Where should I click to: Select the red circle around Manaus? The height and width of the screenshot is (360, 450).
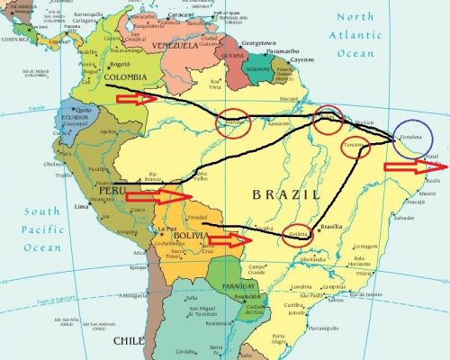click(x=236, y=124)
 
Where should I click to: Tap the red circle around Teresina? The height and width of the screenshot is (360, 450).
click(x=355, y=149)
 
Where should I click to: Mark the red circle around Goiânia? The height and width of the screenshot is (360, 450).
click(x=300, y=235)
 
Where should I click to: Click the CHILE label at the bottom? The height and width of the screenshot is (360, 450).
click(x=128, y=341)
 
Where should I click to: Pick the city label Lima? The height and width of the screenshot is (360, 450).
click(x=81, y=207)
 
